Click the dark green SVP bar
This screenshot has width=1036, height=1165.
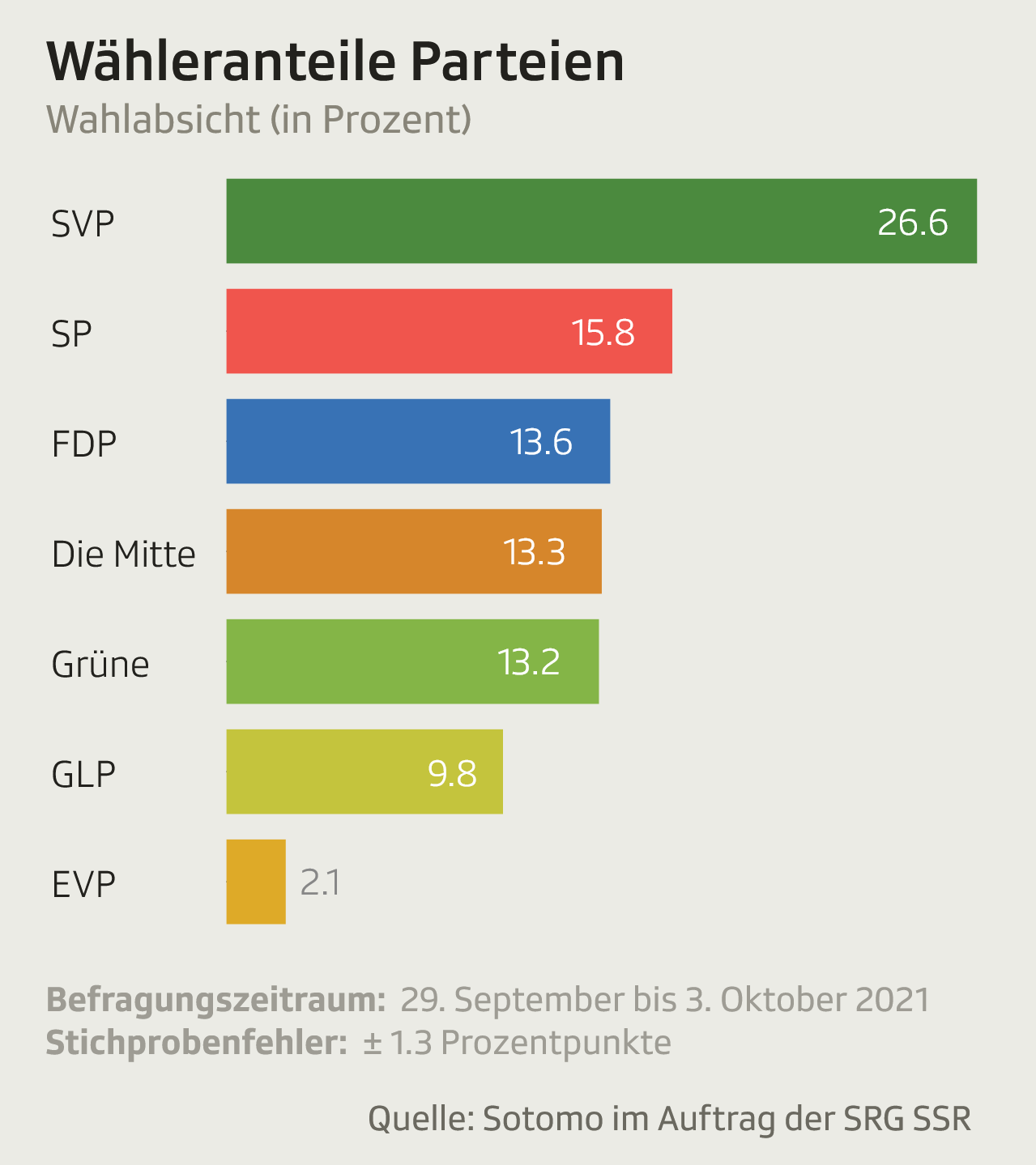[601, 221]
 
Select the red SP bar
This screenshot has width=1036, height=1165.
[450, 331]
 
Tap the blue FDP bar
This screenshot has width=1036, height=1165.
[418, 441]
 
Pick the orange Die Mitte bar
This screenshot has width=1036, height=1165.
[414, 551]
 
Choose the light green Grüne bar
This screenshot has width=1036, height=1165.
[412, 661]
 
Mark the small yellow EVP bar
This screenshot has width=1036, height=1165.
[256, 882]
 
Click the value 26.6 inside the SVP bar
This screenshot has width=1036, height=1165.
[912, 223]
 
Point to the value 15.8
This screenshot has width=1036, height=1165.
[603, 333]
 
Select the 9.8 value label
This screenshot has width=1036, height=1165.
[452, 773]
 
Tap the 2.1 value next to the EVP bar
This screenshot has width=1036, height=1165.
[321, 882]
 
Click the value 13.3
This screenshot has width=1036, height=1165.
[535, 553]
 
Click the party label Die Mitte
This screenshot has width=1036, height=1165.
[124, 555]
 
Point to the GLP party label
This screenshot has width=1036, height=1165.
[83, 775]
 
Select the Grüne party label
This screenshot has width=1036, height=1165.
[100, 664]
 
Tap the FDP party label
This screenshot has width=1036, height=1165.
[84, 444]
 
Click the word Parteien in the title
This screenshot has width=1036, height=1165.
[517, 62]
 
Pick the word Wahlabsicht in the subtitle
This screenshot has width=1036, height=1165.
[153, 120]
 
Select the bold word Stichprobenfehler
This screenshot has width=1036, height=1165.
[197, 1043]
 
